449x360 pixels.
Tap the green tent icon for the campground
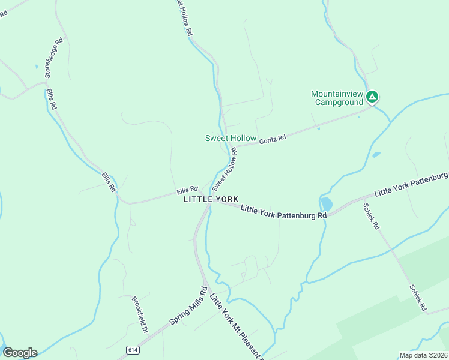tap(373, 96)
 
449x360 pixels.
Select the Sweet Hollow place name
tap(231, 138)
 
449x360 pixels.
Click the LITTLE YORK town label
tap(211, 199)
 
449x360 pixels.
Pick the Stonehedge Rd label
tap(53, 59)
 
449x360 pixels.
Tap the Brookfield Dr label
tap(139, 314)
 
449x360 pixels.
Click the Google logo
tap(19, 353)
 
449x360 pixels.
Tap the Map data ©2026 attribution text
tap(423, 355)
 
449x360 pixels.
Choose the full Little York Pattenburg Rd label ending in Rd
tap(283, 212)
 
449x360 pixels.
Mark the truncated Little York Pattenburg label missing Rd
tap(411, 185)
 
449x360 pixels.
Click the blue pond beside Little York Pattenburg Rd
tap(326, 204)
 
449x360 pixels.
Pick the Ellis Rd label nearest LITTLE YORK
tap(187, 190)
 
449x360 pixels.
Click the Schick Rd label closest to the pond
tap(372, 216)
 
